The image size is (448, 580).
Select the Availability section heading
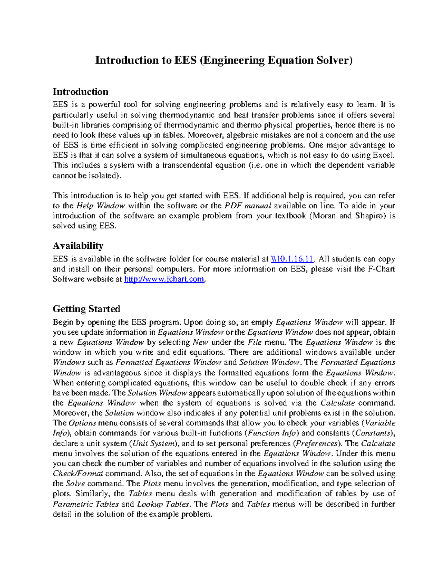pos(78,246)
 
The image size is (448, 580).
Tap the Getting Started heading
pos(86,309)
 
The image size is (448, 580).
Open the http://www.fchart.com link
pos(164,279)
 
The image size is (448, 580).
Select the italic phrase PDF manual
pos(248,205)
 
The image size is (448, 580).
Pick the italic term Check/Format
pos(78,474)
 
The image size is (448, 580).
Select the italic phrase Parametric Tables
pos(86,504)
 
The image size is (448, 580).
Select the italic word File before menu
pos(255,342)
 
